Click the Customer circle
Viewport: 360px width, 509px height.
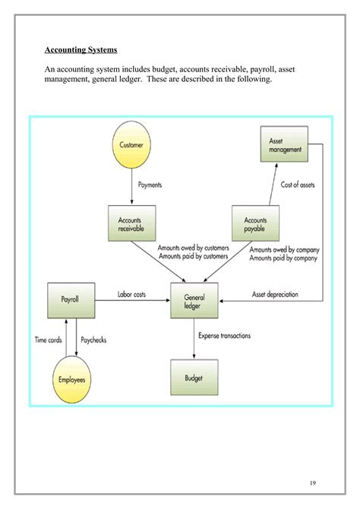131,144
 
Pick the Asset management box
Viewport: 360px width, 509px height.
285,145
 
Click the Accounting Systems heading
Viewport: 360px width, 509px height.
81,50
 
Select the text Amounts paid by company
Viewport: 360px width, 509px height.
283,258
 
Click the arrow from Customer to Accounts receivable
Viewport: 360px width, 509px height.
131,188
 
